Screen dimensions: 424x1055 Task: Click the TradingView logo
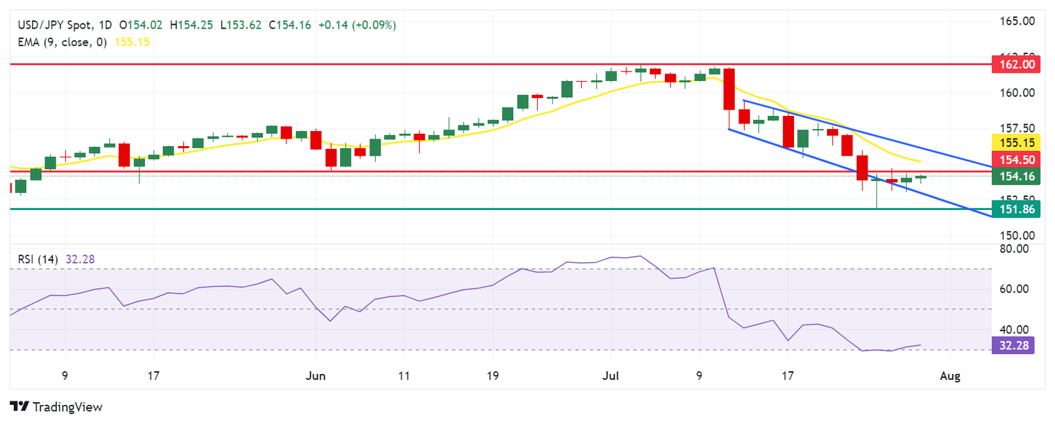pos(57,407)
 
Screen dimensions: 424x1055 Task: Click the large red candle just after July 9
pos(729,89)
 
